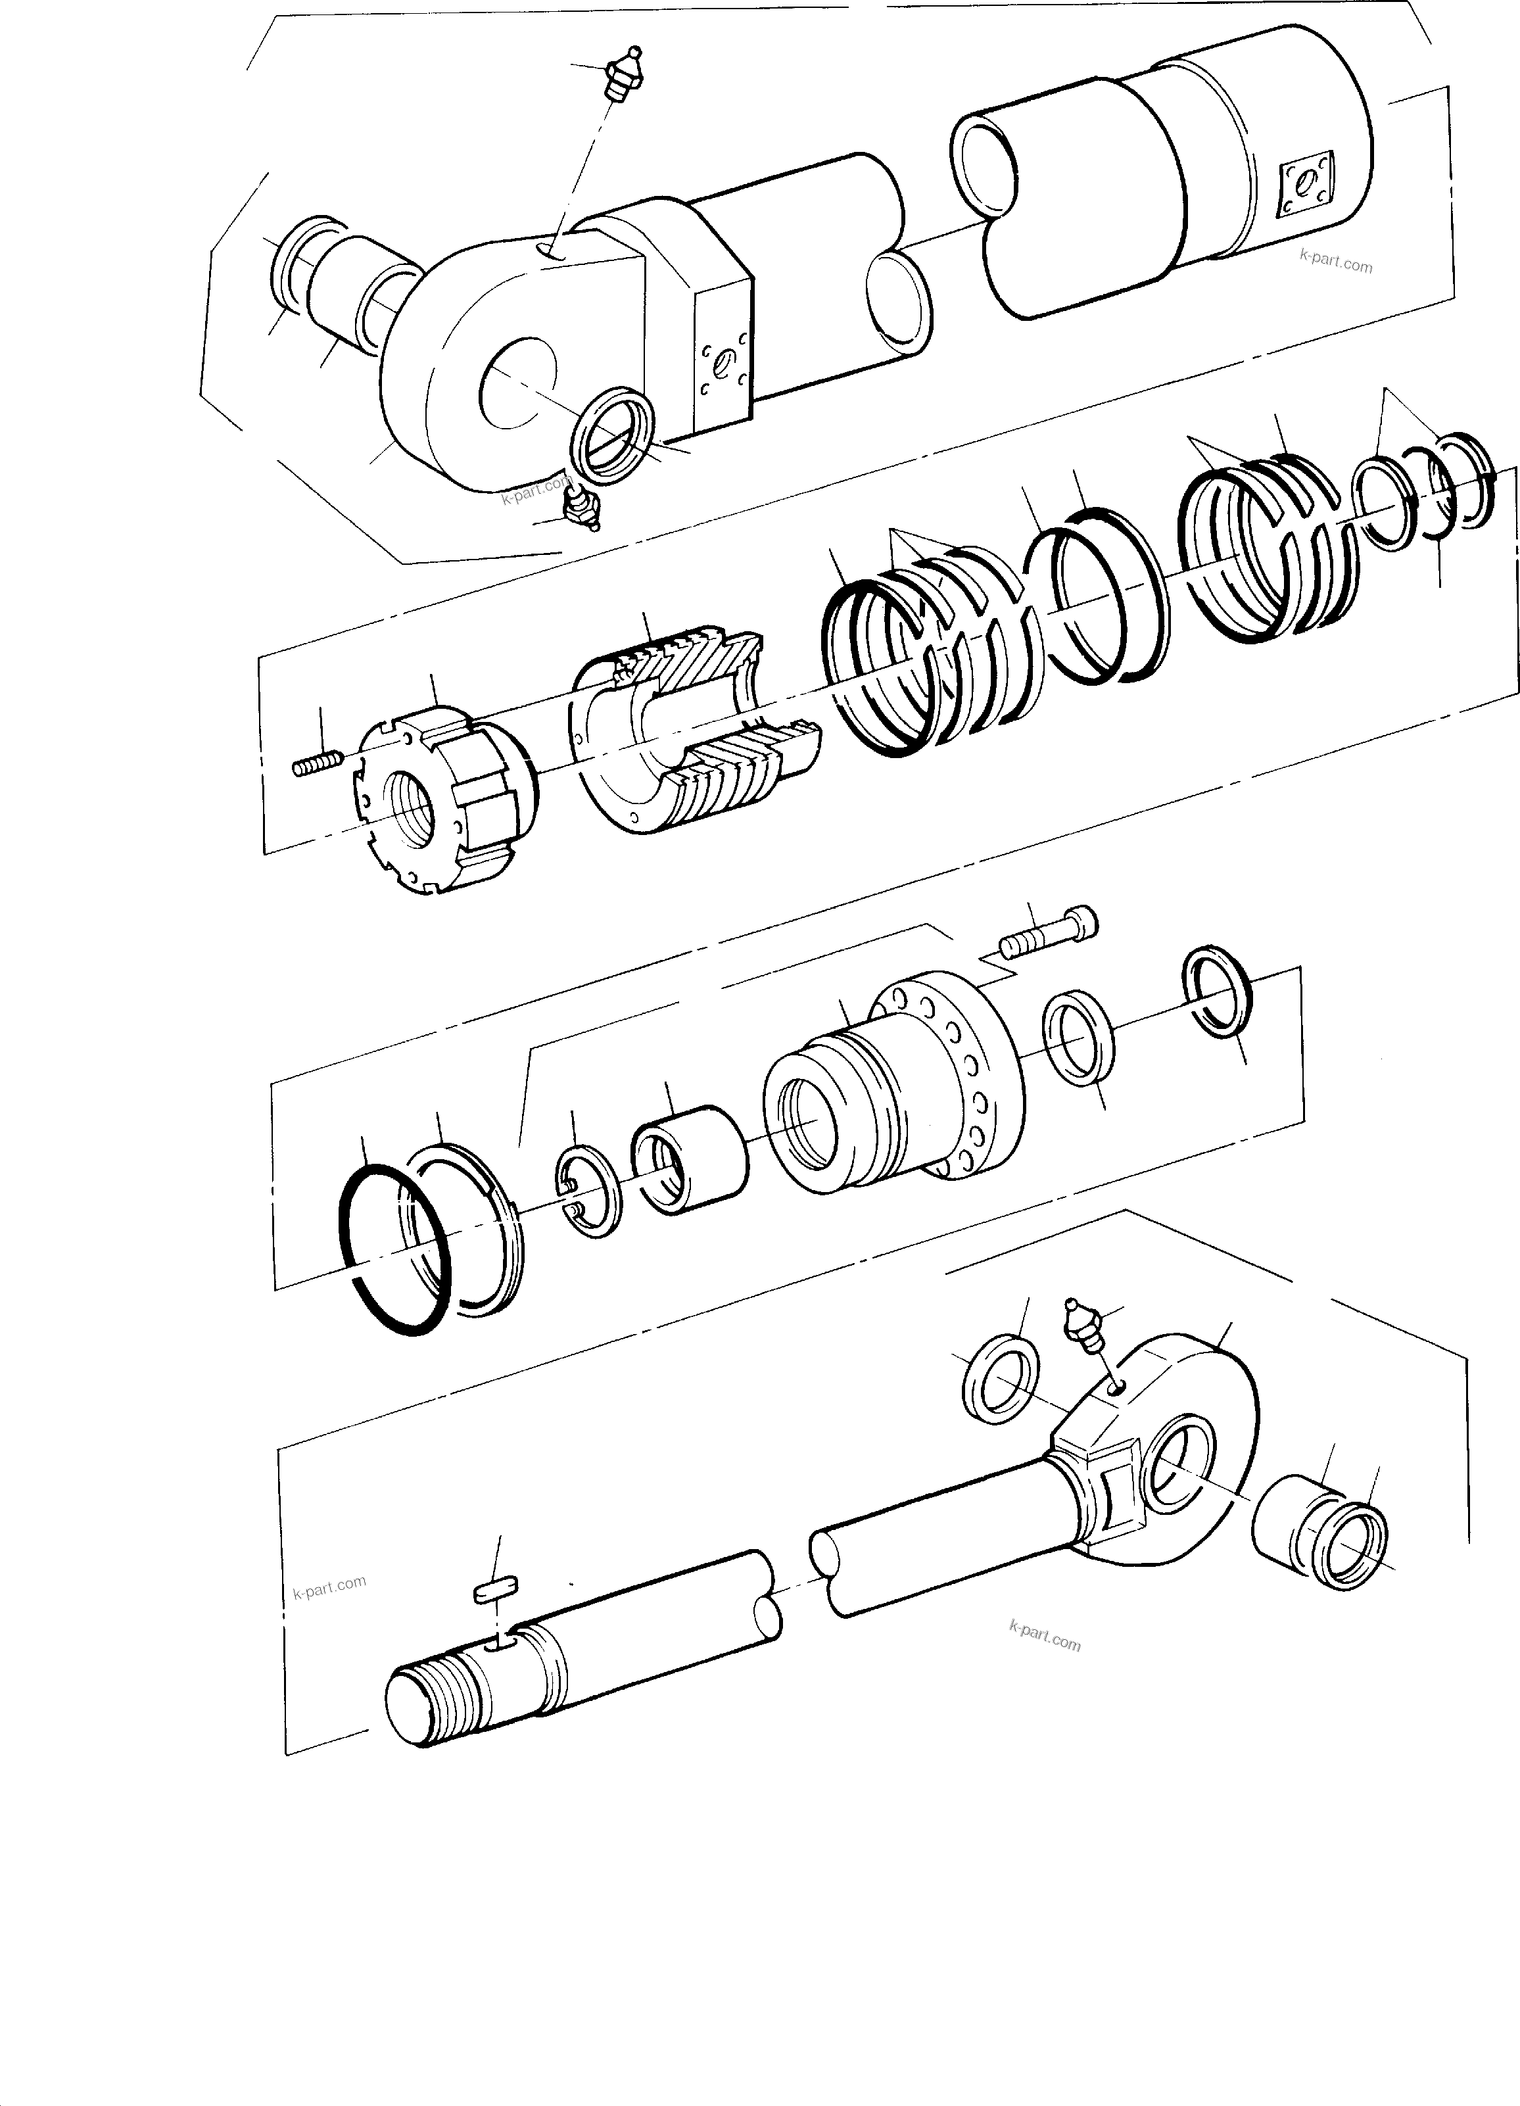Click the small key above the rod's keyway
(x=494, y=1592)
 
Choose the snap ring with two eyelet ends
(x=584, y=1193)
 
